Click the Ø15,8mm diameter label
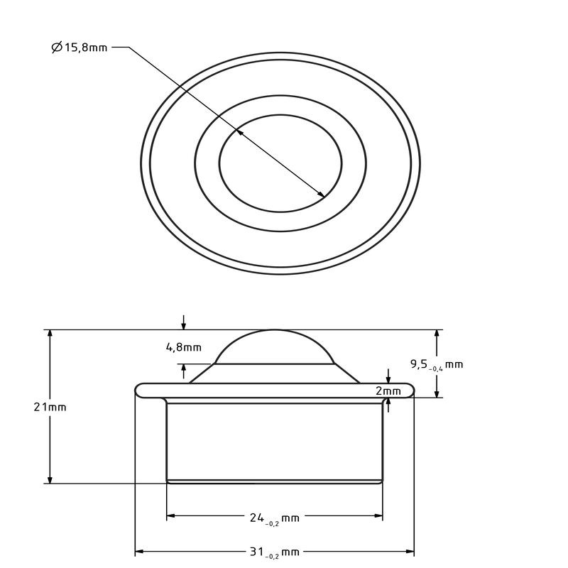[80, 48]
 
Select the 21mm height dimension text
[50, 407]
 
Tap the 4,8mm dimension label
[183, 347]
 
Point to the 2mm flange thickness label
[388, 390]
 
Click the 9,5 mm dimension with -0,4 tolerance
[436, 364]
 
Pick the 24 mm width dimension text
[274, 518]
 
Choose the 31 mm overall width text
[274, 552]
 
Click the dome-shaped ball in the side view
[274, 348]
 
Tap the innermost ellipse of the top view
[280, 163]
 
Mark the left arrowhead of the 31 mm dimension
[139, 551]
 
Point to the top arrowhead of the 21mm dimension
[50, 334]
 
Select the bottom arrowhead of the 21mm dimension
[50, 479]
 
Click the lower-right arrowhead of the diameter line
[322, 195]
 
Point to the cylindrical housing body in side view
[274, 440]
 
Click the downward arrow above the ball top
[184, 326]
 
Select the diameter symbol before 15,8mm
[57, 48]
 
